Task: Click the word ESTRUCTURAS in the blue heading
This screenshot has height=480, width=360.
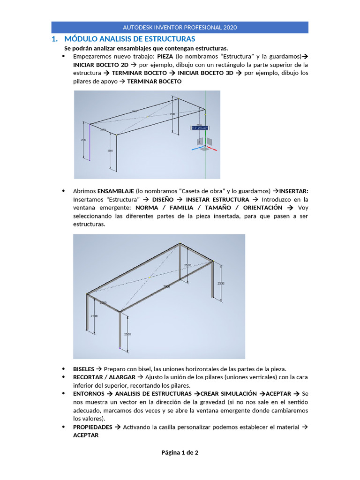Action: tap(167, 39)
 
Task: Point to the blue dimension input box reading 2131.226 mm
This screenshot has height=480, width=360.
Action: tap(200, 127)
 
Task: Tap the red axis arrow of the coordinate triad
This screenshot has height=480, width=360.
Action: tap(213, 150)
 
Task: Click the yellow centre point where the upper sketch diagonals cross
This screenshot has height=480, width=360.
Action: tap(148, 116)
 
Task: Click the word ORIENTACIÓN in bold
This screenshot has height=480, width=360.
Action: tap(263, 207)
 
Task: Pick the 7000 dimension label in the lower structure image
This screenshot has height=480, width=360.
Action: tap(166, 286)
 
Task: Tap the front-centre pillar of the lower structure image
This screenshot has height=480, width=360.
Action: tap(121, 331)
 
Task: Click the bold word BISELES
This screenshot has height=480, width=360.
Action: tap(83, 368)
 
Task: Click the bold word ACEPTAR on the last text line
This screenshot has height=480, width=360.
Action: tap(86, 435)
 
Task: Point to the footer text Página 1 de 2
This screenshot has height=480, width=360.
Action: tap(180, 452)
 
